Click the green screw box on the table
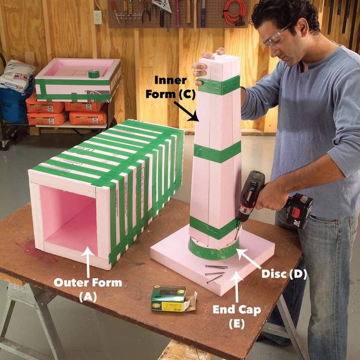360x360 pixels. point(169,296)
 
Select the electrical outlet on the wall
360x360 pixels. point(98,17)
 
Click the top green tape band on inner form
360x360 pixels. point(219,85)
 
